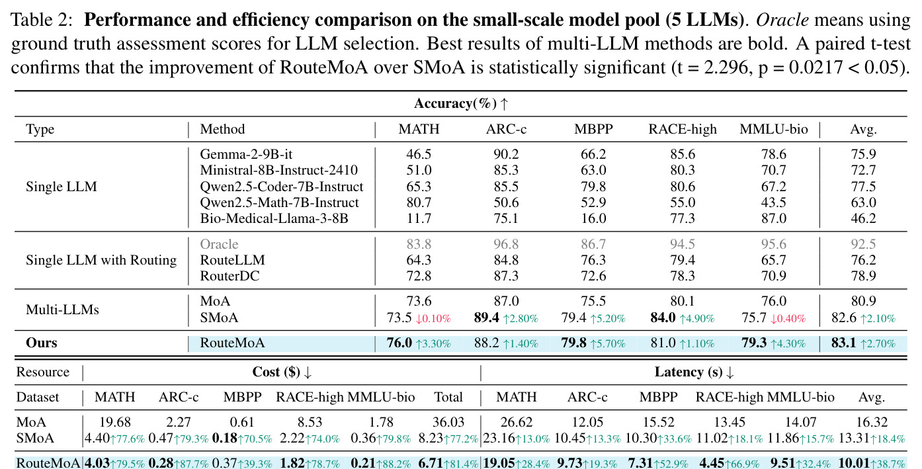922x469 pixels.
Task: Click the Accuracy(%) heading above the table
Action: (461, 103)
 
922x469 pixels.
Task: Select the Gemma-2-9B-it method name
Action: (246, 154)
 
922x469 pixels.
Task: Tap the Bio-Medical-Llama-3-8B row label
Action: (274, 218)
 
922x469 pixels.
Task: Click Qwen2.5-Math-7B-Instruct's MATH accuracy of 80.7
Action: (419, 202)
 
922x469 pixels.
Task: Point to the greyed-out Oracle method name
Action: (219, 244)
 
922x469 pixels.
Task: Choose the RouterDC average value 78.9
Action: (863, 275)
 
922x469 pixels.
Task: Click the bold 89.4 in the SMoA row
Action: (487, 318)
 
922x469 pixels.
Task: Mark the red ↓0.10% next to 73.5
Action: (433, 318)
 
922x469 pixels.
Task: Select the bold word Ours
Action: (42, 343)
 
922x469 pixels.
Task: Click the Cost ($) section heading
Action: (282, 372)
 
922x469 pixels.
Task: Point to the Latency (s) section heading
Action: (694, 372)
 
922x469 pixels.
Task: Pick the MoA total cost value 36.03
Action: (448, 422)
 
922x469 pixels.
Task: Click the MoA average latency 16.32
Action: (872, 422)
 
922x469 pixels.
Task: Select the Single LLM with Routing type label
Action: (101, 260)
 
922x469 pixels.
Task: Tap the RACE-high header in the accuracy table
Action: (683, 129)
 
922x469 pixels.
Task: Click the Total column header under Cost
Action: (448, 397)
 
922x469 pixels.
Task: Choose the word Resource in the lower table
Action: (43, 372)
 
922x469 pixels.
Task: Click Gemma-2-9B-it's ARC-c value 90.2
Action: (506, 154)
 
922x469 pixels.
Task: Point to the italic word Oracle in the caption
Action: (782, 20)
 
